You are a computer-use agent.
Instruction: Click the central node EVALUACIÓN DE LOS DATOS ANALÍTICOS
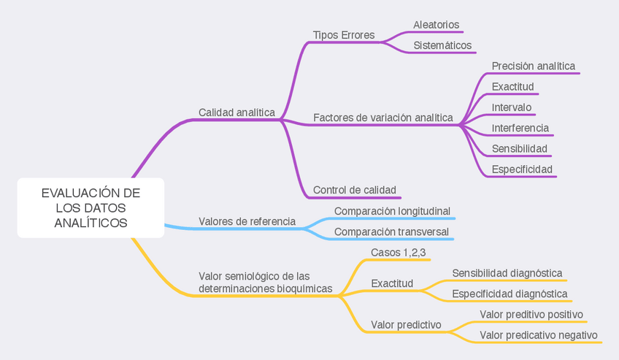pos(91,208)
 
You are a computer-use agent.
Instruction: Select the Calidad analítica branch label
pos(237,112)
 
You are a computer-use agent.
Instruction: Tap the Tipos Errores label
pos(344,35)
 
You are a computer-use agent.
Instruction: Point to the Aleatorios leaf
pos(437,25)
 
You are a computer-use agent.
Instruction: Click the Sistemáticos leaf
pos(442,45)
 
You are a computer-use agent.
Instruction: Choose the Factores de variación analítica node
pos(383,118)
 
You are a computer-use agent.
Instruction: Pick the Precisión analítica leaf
pos(533,66)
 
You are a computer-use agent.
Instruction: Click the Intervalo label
pos(512,107)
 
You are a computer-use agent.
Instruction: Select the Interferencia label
pos(520,128)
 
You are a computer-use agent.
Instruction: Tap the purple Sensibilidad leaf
pos(520,149)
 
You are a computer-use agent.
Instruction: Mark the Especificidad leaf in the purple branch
pos(522,169)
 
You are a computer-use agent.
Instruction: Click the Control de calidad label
pos(355,191)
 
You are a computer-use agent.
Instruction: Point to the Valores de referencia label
pos(247,221)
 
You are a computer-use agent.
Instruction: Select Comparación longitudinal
pos(392,211)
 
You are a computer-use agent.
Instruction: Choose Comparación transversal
pos(391,232)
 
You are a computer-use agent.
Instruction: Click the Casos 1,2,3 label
pos(399,253)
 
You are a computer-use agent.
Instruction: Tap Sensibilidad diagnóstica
pos(507,273)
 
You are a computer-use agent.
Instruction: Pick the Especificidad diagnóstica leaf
pos(510,294)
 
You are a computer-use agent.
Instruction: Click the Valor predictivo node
pos(406,324)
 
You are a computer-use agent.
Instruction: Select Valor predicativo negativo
pos(539,335)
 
